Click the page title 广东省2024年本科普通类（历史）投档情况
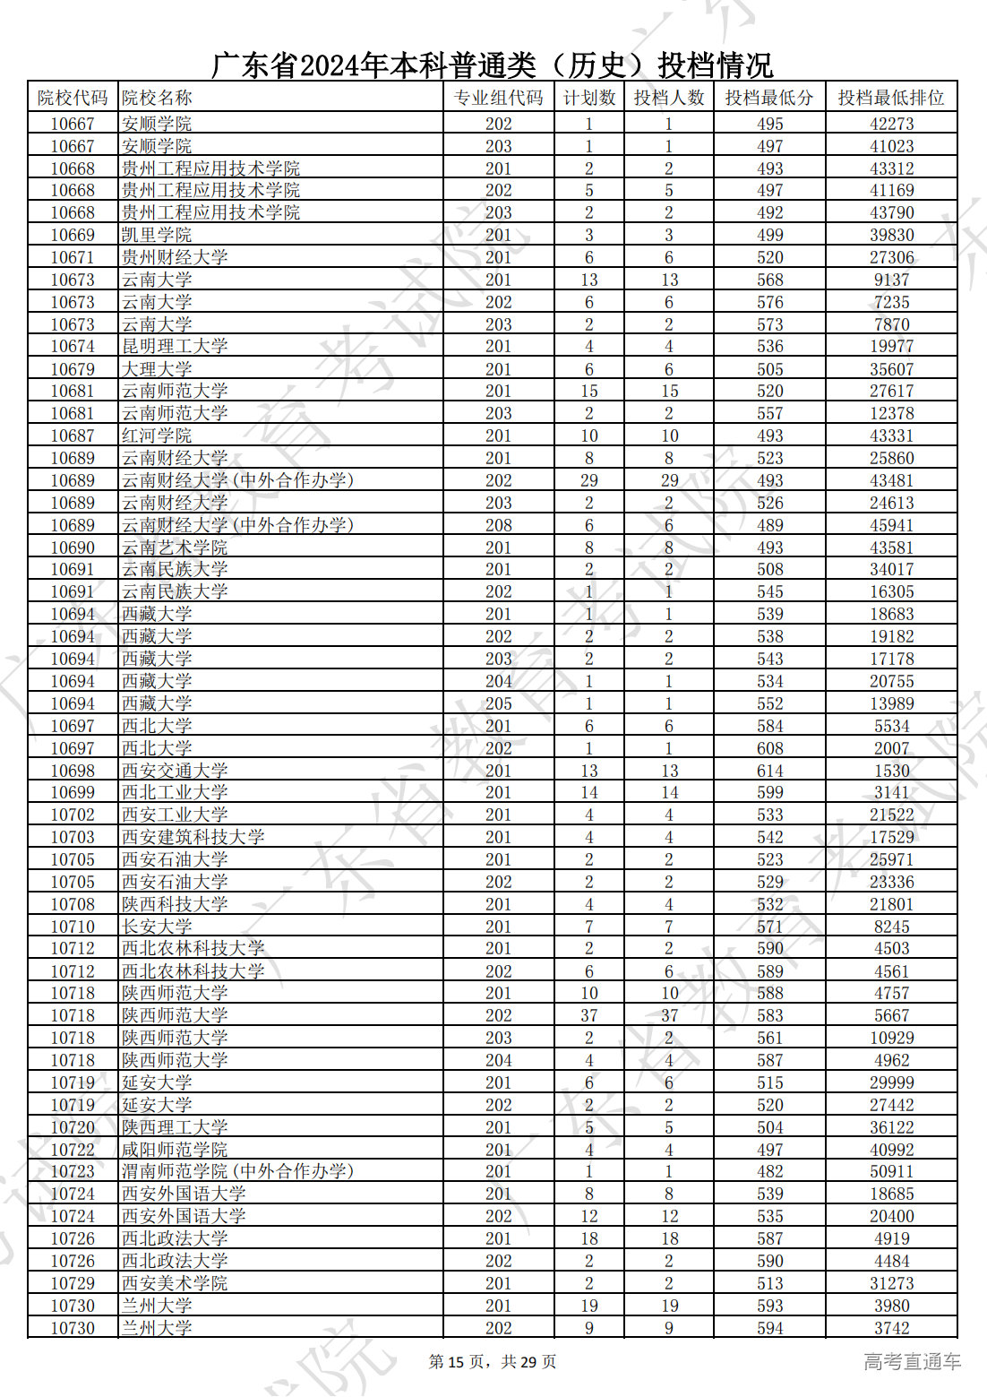pos(492,65)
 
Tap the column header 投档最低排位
pos(890,98)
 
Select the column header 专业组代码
pos(498,98)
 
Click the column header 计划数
pos(588,98)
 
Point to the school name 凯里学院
pos(157,235)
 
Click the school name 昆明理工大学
pos(175,347)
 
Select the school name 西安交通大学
pos(175,771)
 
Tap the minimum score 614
pos(769,771)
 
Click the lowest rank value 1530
pos(891,771)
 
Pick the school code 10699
pos(73,793)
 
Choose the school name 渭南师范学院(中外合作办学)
pos(237,1172)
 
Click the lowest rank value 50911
pos(891,1172)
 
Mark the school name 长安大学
pos(157,927)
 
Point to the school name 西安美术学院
pos(175,1283)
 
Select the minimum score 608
pos(769,748)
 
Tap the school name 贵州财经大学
pos(175,257)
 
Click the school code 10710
pos(73,927)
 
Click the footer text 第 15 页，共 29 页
pos(493,1362)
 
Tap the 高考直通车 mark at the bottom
pos(912,1362)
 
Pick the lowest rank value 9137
pos(891,280)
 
